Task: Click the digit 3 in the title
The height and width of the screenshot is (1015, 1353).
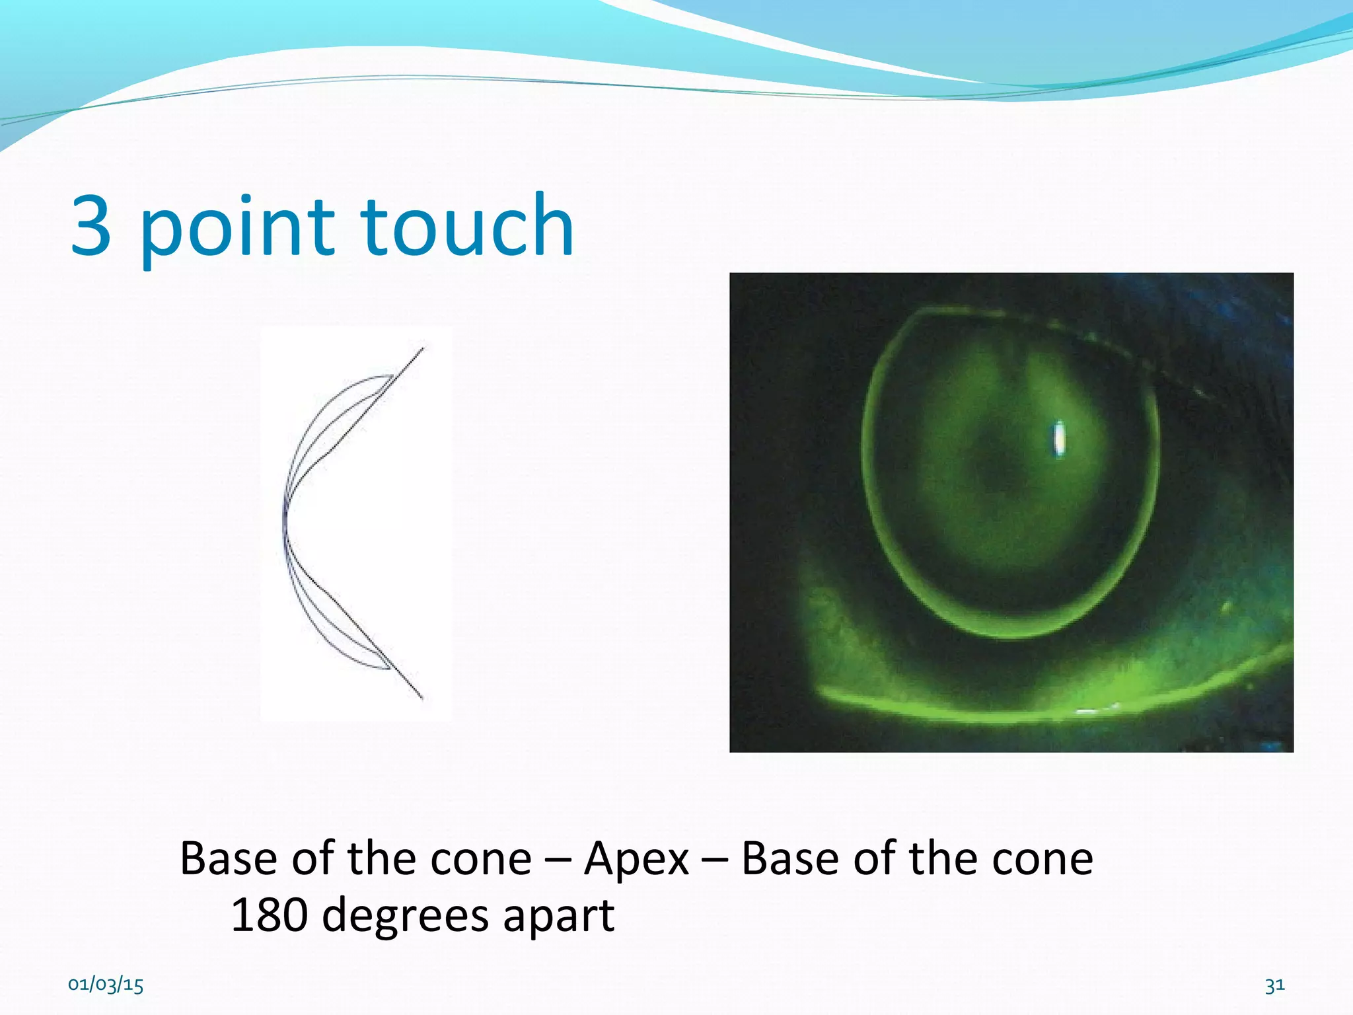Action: tap(91, 226)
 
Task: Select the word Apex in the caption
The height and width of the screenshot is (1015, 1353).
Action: tap(636, 860)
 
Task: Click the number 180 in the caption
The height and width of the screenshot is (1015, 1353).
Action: tap(268, 915)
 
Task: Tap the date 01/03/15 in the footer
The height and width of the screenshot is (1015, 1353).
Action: tap(106, 985)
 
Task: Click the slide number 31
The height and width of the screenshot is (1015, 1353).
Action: tap(1274, 985)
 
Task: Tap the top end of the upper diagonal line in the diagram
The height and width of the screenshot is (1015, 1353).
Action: tap(422, 348)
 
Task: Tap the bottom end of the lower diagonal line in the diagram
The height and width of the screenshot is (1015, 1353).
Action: tap(421, 697)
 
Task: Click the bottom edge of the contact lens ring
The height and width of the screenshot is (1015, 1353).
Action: tap(1011, 636)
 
